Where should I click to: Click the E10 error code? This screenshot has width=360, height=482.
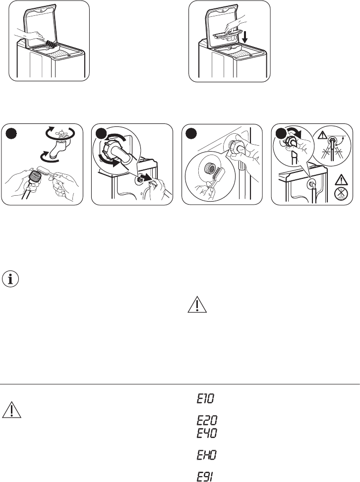tap(206, 399)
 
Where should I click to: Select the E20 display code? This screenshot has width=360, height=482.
tap(207, 420)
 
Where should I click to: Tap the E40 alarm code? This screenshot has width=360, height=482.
tap(207, 433)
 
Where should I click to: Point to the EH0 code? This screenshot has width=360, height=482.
tap(207, 455)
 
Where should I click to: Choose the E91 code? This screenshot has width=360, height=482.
tap(205, 477)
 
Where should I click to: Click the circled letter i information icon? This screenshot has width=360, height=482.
tap(10, 279)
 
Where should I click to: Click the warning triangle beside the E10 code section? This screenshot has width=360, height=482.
tap(12, 410)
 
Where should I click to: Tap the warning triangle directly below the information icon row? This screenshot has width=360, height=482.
tap(197, 304)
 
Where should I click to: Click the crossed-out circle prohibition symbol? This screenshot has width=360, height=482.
tap(341, 194)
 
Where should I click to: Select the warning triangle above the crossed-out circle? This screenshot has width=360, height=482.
tap(342, 180)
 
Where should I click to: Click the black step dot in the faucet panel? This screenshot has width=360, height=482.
tap(11, 134)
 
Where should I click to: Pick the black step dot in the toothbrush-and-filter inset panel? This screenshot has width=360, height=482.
tap(191, 133)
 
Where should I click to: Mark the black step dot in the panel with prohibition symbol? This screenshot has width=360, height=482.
tap(280, 133)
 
